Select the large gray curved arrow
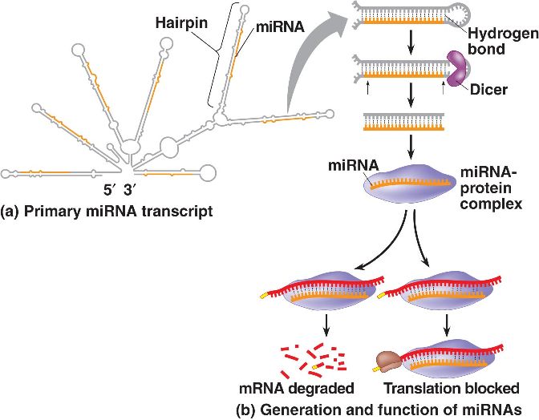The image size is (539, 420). [313, 64]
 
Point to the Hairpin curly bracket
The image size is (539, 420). [214, 64]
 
